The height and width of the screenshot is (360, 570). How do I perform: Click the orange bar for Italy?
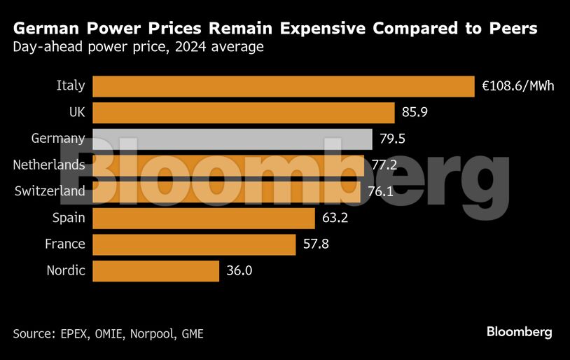[284, 86]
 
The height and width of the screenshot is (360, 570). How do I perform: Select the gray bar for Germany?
[232, 139]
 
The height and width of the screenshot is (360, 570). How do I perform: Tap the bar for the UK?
[244, 113]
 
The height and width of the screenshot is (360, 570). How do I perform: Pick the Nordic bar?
[155, 270]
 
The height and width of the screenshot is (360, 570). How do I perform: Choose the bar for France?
[194, 244]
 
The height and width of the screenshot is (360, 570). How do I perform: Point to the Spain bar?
[204, 218]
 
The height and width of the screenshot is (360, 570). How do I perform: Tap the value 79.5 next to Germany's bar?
[393, 139]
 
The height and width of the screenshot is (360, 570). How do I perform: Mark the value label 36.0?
[239, 270]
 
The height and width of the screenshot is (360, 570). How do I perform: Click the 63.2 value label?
[335, 218]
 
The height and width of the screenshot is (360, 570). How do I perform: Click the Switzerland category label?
[50, 191]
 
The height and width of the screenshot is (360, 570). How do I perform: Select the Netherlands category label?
[49, 165]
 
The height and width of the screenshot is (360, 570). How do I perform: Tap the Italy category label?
[71, 86]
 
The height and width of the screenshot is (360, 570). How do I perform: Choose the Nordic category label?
[66, 270]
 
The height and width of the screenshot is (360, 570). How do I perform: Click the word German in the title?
[46, 29]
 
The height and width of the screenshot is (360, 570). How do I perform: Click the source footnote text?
[108, 333]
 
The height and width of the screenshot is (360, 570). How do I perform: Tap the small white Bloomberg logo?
[519, 332]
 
